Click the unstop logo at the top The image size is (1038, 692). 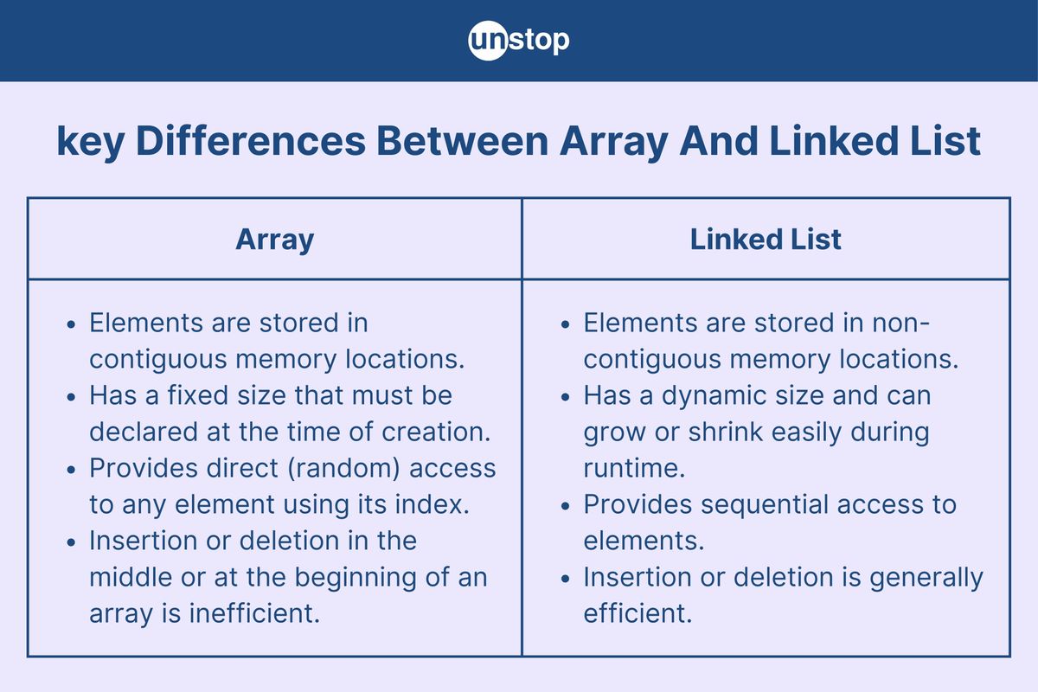(x=519, y=40)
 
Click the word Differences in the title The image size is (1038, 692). (x=251, y=142)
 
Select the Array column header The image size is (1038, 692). (x=274, y=240)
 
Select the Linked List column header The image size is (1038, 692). (x=766, y=240)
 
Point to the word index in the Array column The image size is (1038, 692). (x=437, y=504)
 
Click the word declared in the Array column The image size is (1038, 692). (x=141, y=432)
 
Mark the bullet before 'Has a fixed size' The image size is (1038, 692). (x=73, y=397)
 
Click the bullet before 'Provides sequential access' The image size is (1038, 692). (x=567, y=505)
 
